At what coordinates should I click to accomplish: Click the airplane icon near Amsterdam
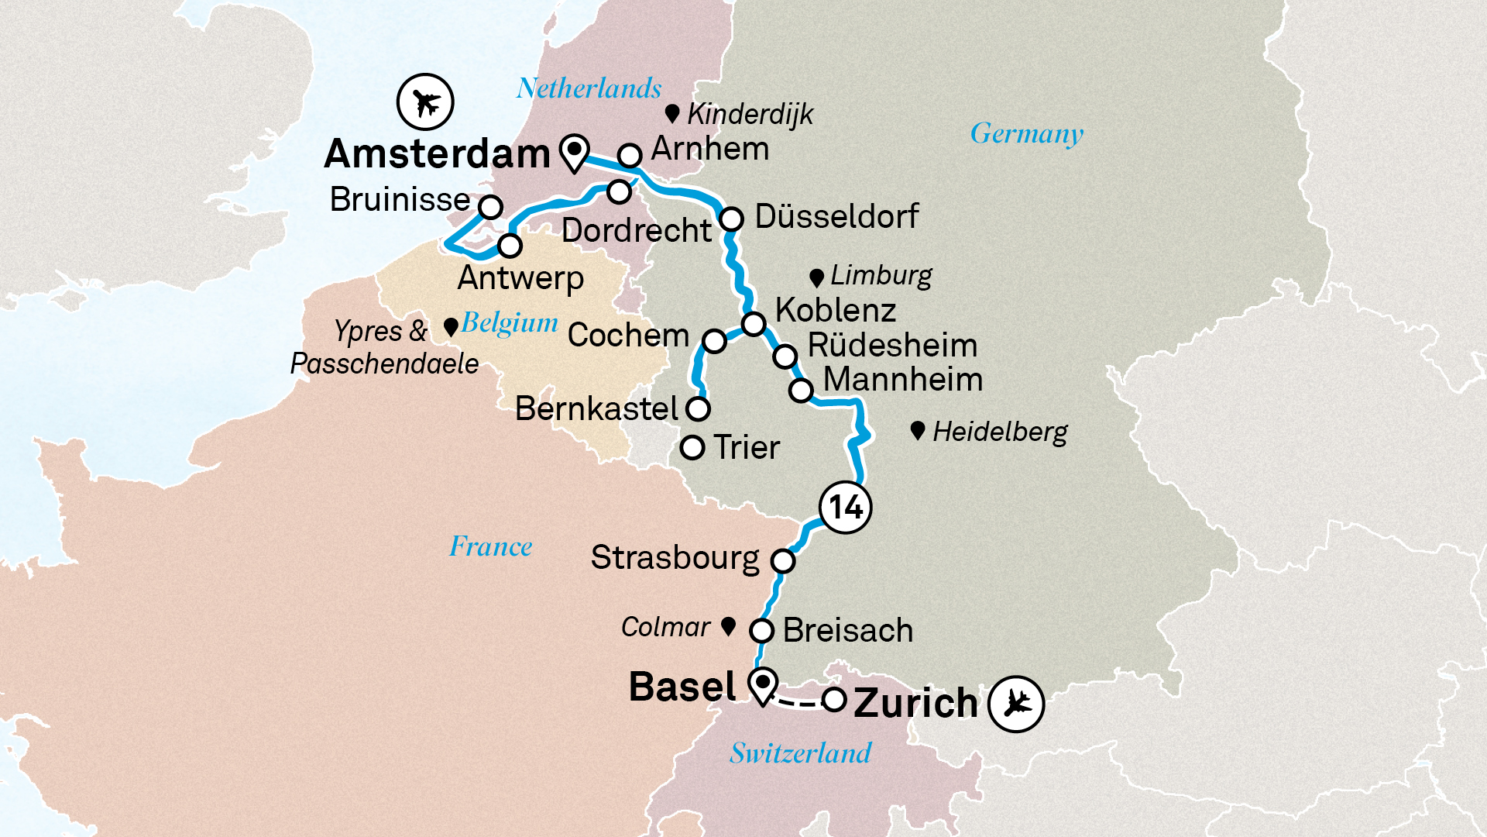point(425,102)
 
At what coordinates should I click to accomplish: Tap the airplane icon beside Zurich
point(1016,704)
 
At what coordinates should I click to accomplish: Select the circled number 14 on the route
point(846,508)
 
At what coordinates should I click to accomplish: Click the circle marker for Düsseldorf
point(731,219)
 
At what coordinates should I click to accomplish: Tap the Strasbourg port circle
point(783,560)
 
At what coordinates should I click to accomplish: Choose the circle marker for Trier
point(692,448)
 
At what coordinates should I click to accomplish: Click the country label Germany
point(1027,134)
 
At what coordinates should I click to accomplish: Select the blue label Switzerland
point(800,753)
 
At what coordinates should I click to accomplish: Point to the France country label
point(490,546)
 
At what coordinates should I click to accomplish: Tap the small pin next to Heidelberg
point(918,430)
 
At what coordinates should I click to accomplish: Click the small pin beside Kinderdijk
point(672,114)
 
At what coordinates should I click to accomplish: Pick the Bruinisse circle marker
point(490,207)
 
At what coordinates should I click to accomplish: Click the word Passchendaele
point(384,363)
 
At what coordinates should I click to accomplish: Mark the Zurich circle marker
point(833,700)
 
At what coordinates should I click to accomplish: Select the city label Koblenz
point(836,310)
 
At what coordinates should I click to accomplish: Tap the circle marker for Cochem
point(714,340)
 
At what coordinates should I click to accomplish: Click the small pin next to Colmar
point(728,625)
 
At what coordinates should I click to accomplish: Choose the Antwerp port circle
point(510,246)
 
